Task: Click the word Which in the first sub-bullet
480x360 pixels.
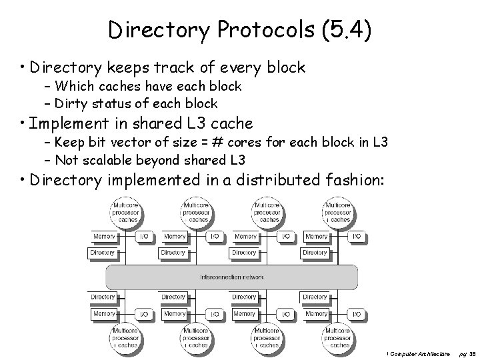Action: [75, 86]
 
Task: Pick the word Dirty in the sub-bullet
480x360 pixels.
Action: [71, 103]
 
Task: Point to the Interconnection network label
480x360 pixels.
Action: [232, 277]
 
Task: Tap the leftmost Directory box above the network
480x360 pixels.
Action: [103, 253]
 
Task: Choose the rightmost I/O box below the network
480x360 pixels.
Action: [357, 313]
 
